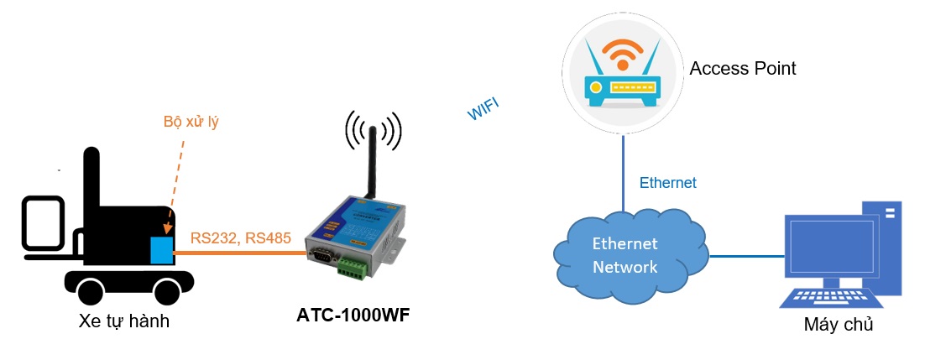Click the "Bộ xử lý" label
[191, 123]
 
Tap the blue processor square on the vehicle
[162, 250]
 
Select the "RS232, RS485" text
[240, 238]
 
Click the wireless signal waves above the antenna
[373, 129]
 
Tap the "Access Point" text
[742, 69]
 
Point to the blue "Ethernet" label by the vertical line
[667, 183]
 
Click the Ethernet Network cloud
[626, 255]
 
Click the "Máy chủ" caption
[838, 325]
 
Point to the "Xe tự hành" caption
[123, 320]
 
